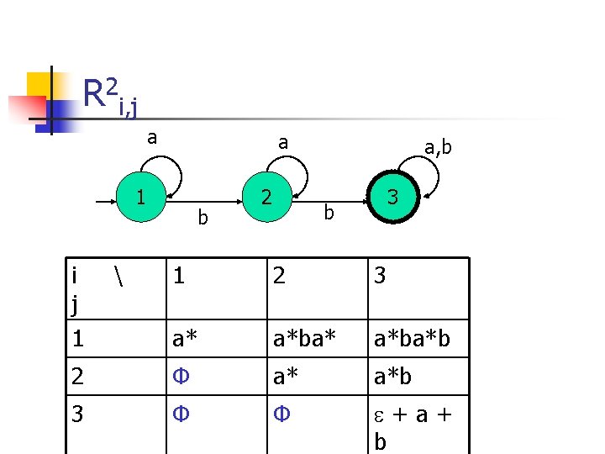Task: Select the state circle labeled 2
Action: [266, 198]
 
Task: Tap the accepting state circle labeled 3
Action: [392, 199]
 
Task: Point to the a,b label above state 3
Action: [438, 149]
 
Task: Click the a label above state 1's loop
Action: [151, 137]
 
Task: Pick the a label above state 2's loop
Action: [283, 144]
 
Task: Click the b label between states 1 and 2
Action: [202, 218]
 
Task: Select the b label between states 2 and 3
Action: [329, 214]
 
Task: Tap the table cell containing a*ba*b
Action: [414, 339]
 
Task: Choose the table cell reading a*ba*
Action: [305, 339]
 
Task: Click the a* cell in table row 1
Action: [186, 339]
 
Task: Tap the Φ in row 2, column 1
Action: [179, 377]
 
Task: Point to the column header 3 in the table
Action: [380, 276]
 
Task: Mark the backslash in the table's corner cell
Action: [115, 275]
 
